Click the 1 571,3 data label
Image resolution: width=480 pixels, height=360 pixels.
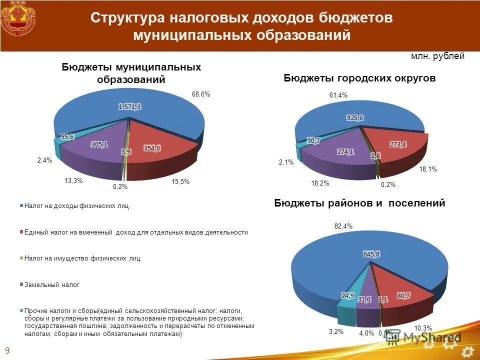coord(129,106)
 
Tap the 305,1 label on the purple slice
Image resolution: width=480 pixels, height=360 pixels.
coord(98,144)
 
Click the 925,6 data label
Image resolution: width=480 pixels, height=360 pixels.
coord(354,117)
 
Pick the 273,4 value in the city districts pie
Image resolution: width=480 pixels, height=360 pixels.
coord(397,144)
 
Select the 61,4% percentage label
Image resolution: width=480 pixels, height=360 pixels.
coord(338,95)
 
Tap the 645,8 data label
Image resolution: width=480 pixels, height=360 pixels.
coord(371,254)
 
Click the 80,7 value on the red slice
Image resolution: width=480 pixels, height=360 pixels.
coord(403,296)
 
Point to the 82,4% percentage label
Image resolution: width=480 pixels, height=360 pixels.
coord(343,226)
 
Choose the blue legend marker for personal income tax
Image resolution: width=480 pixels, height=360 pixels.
coord(21,206)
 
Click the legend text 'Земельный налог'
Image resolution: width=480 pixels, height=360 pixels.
coord(52,284)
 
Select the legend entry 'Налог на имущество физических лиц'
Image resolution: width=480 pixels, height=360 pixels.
coord(82,258)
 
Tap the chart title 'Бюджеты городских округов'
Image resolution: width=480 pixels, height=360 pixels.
coord(359,78)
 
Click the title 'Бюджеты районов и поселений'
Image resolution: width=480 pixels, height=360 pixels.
coord(359,203)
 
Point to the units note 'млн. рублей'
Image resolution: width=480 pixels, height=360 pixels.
coord(437,56)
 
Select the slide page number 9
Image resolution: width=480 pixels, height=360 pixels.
coord(7,349)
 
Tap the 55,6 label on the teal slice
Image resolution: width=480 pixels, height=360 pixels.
coord(67,136)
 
